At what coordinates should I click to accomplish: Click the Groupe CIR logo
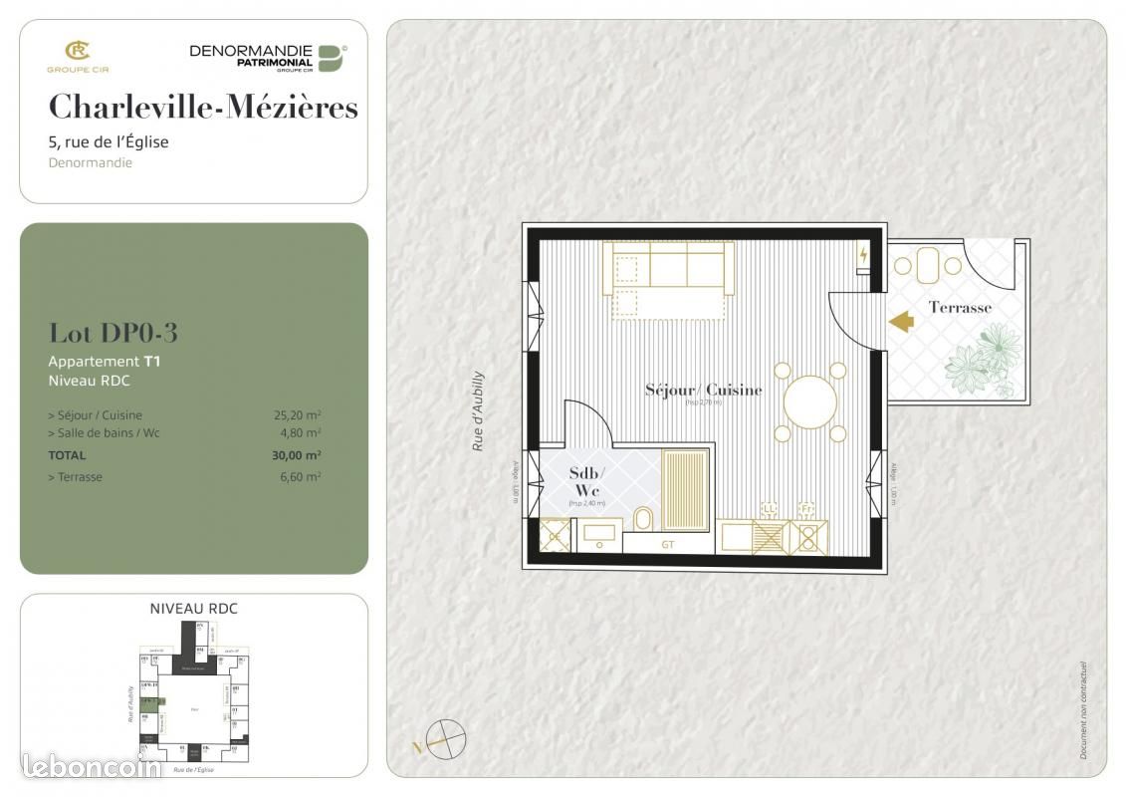point(77,55)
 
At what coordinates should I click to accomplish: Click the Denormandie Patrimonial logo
point(267,58)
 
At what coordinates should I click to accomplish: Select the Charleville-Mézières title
point(203,107)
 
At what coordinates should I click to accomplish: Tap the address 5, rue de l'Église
point(109,141)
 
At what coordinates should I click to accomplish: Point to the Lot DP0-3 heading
point(113,333)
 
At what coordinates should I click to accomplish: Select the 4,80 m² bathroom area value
point(300,433)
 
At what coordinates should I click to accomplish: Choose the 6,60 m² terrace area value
point(300,477)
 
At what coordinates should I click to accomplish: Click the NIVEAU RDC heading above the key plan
point(193,609)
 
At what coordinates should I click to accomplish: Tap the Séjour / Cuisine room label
point(703,390)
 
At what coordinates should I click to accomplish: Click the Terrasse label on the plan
point(960,308)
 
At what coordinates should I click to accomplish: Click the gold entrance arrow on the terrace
point(901,322)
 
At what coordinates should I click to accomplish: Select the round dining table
point(810,402)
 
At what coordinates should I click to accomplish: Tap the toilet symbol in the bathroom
point(643,519)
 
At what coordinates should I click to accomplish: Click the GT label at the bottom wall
point(668,545)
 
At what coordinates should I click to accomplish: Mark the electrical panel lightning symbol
point(863,255)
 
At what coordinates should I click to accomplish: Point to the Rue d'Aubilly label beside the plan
point(478,411)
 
